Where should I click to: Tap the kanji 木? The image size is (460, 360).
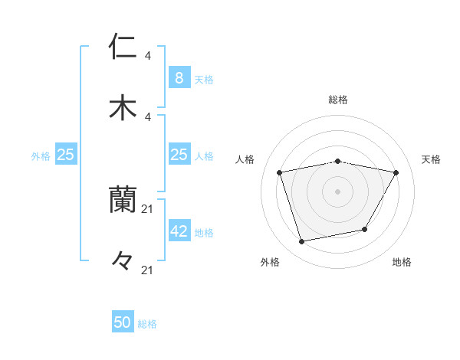pyautogui.click(x=123, y=107)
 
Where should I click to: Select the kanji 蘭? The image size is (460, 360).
pyautogui.click(x=123, y=201)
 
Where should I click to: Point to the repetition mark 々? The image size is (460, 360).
pyautogui.click(x=123, y=260)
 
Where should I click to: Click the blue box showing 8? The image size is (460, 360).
pyautogui.click(x=179, y=77)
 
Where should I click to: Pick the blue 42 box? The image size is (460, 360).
pyautogui.click(x=179, y=231)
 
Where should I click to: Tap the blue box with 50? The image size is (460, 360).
pyautogui.click(x=123, y=322)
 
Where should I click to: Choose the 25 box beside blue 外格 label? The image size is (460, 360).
pyautogui.click(x=66, y=155)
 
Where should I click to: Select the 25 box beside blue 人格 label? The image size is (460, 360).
pyautogui.click(x=179, y=155)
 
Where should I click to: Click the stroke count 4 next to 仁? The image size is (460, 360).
pyautogui.click(x=148, y=55)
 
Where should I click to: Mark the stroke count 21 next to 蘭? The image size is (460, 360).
pyautogui.click(x=148, y=208)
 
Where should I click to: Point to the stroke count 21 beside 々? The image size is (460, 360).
pyautogui.click(x=148, y=270)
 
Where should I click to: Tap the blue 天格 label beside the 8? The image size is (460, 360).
pyautogui.click(x=204, y=79)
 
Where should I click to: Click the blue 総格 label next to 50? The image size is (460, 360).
pyautogui.click(x=147, y=324)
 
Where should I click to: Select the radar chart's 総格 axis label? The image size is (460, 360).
pyautogui.click(x=338, y=100)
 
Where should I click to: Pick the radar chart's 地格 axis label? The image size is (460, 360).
pyautogui.click(x=402, y=263)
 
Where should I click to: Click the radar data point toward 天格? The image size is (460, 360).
pyautogui.click(x=396, y=172)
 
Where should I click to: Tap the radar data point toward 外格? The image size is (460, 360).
pyautogui.click(x=302, y=242)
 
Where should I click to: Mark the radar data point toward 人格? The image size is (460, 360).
pyautogui.click(x=280, y=172)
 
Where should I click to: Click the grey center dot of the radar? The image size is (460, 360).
pyautogui.click(x=338, y=191)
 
